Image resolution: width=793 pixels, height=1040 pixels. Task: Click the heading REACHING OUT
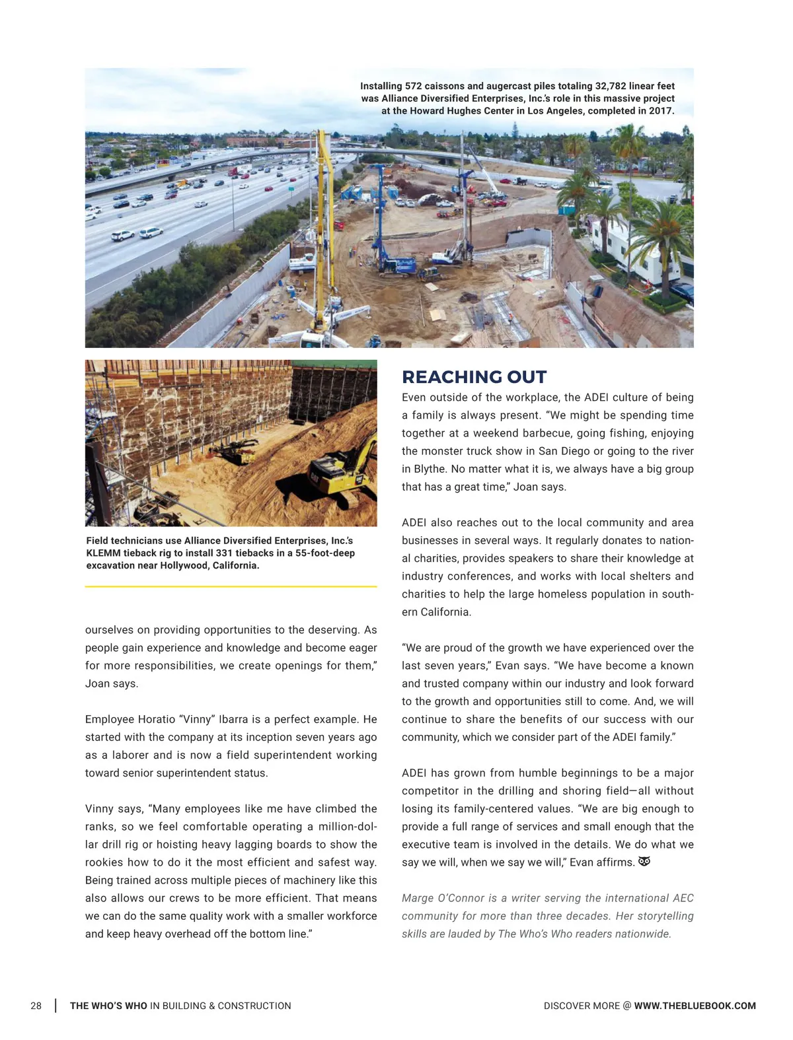[x=474, y=377]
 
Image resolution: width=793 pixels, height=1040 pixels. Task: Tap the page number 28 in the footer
[x=36, y=1006]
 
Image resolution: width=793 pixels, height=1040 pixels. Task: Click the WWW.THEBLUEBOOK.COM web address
[x=695, y=1006]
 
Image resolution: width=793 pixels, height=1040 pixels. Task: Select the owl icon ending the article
[x=644, y=862]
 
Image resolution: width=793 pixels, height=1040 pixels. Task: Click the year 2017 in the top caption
[x=660, y=111]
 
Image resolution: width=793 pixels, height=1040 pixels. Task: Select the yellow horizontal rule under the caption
[x=231, y=586]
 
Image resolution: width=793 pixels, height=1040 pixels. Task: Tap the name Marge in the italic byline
[x=417, y=898]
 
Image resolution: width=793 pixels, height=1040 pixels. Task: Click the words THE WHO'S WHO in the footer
[x=108, y=1006]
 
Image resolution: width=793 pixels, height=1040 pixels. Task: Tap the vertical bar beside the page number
[x=56, y=1006]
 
